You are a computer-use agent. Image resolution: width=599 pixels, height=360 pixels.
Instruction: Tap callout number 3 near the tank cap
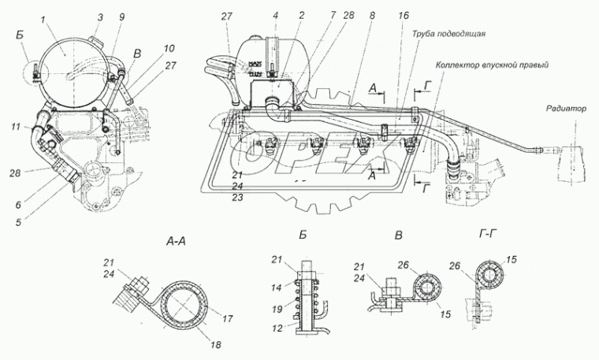coord(99,17)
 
